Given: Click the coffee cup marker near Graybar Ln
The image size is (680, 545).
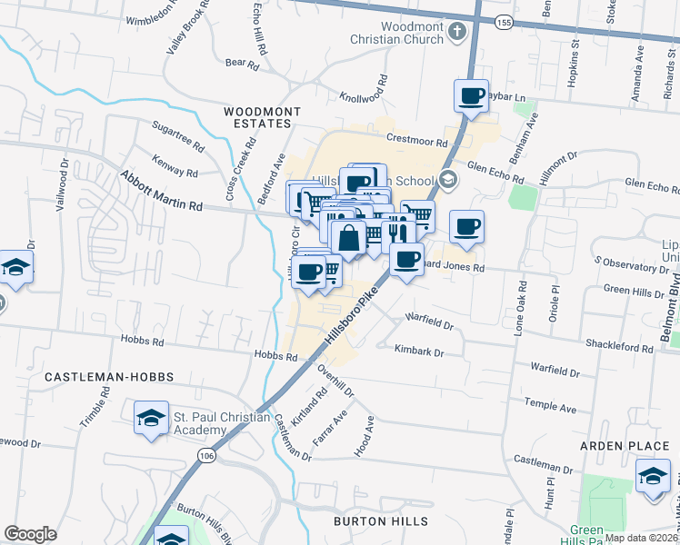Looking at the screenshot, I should [x=471, y=96].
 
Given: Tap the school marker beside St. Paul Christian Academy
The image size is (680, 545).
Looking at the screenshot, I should [x=151, y=419].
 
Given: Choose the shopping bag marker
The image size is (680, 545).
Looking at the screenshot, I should [x=348, y=239].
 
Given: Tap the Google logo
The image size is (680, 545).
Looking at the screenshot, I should [x=30, y=534].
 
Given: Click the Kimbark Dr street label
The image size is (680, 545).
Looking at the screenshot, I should [x=418, y=349].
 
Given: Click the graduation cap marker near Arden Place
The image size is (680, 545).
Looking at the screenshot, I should [x=652, y=478].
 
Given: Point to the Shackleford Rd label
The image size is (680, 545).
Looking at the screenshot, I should [x=622, y=348].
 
